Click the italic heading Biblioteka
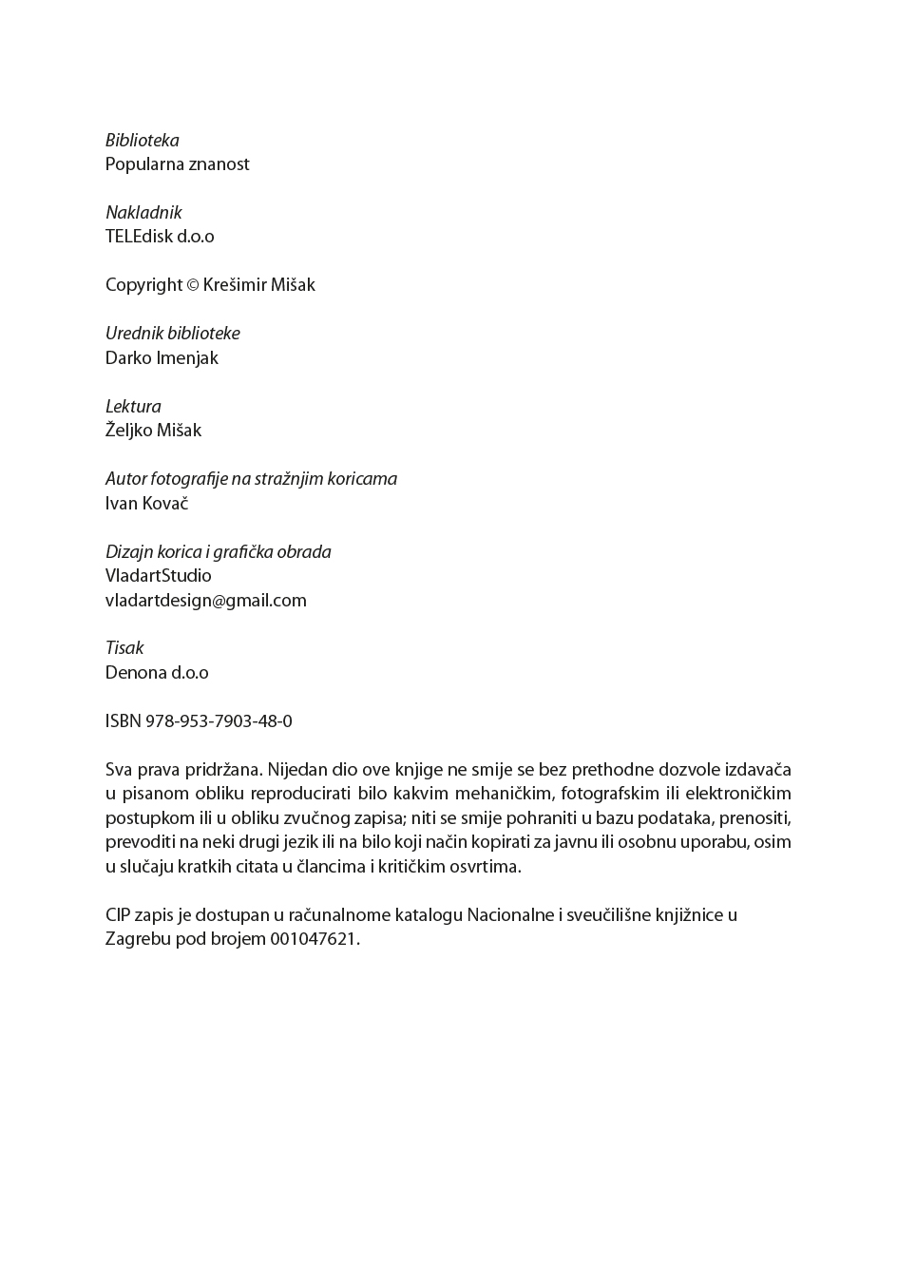142,141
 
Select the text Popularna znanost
177,164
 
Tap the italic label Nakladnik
143,213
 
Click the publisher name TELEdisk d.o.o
160,237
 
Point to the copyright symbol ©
193,285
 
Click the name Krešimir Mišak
259,285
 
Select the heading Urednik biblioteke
172,334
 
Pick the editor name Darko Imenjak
162,358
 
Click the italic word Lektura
133,407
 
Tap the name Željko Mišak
153,431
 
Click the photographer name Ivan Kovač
146,504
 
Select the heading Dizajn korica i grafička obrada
218,552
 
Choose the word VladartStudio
158,576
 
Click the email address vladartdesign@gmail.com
205,601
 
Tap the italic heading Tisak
124,648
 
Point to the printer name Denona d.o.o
157,673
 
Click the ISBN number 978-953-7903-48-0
219,721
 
